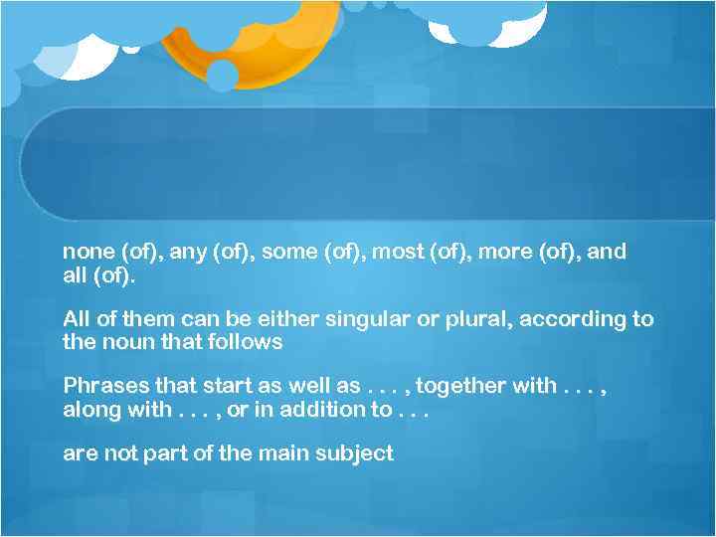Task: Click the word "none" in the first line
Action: (86, 252)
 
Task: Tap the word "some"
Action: (288, 252)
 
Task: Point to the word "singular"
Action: (372, 319)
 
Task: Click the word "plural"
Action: (473, 319)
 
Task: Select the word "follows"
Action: (249, 342)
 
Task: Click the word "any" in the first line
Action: (188, 252)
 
